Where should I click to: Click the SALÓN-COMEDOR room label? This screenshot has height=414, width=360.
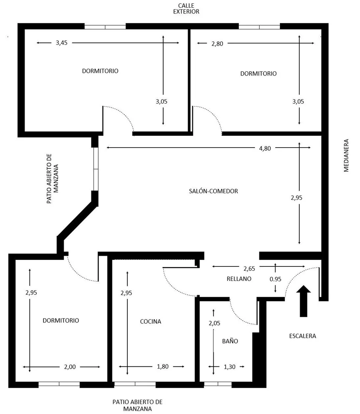(x=213, y=191)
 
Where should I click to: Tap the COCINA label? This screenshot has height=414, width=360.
(x=150, y=322)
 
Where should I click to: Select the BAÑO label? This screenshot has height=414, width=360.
(x=230, y=341)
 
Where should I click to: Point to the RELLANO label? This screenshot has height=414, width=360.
(x=239, y=279)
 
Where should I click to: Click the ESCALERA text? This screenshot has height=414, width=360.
(x=302, y=336)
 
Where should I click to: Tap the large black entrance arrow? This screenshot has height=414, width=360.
(x=304, y=301)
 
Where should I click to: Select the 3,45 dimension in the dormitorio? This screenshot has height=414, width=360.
(x=62, y=43)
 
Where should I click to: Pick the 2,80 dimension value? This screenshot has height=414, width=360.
(x=217, y=43)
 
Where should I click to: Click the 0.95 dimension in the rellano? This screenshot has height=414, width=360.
(x=275, y=279)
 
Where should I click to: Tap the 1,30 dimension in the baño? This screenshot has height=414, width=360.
(x=230, y=367)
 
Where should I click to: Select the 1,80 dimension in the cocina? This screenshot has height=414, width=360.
(x=163, y=367)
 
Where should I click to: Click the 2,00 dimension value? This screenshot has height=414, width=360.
(x=70, y=367)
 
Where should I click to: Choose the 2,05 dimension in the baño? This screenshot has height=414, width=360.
(x=214, y=323)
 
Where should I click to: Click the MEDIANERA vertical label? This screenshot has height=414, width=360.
(x=346, y=155)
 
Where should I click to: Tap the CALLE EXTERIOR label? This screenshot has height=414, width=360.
(x=186, y=8)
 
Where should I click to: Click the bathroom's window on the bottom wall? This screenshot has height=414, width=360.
(x=218, y=384)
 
